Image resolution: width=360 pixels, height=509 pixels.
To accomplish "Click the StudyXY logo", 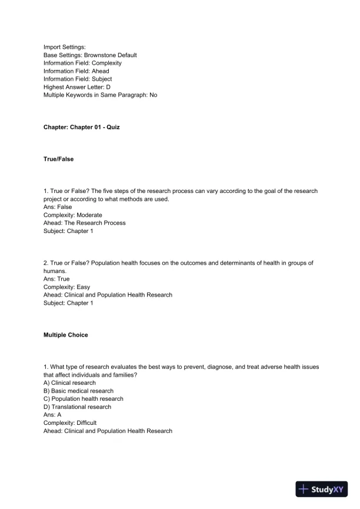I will point(324,489).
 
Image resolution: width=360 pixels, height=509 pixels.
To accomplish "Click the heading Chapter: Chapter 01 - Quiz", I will point(81,127).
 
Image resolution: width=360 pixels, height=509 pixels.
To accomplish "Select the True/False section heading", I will point(59,159).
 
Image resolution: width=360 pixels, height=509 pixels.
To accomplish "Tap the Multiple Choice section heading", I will point(66,335).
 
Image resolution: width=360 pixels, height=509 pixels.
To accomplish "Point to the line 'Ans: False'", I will point(58,207).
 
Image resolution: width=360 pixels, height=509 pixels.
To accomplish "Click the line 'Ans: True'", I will point(56,279).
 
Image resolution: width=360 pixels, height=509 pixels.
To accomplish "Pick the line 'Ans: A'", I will point(52,414).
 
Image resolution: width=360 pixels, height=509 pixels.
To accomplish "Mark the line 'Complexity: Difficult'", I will point(70,422).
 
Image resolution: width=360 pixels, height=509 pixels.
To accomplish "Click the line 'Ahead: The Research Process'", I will point(84,223).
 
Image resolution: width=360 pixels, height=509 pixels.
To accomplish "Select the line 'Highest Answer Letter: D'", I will point(77,87).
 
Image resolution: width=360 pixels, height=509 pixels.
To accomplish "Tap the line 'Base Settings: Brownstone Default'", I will point(90,55).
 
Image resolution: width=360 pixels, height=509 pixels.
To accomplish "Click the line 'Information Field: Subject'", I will point(78,78).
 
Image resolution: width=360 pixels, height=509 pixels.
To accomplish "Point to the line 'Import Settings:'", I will point(65,46).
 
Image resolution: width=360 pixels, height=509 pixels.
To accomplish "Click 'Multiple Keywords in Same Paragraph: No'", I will point(100,94).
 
